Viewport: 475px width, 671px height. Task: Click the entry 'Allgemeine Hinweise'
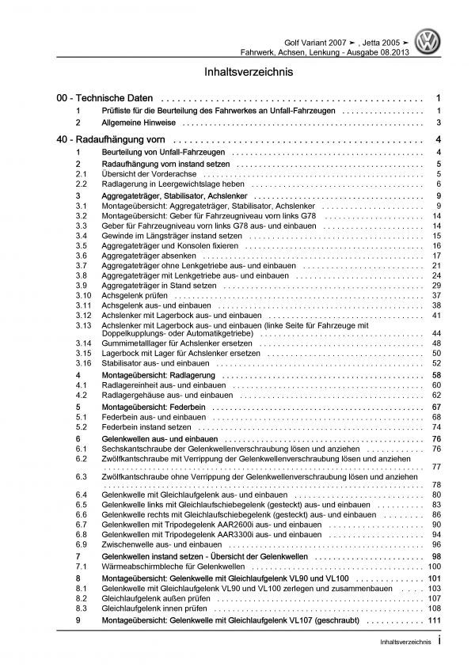141,123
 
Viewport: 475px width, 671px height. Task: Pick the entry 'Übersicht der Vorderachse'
153,173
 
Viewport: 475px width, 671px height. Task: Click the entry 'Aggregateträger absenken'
150,256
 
